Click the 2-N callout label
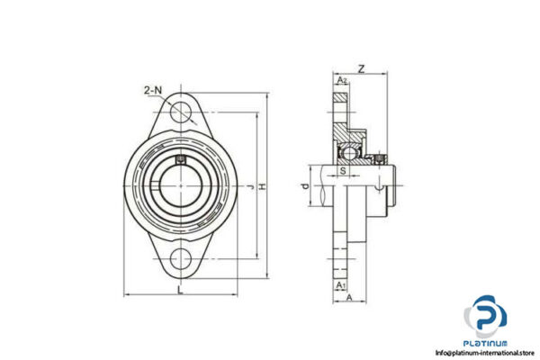[x=152, y=90]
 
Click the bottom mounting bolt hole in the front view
[x=184, y=261]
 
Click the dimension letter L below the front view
[x=181, y=289]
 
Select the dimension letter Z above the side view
[x=360, y=67]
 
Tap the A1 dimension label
[x=339, y=285]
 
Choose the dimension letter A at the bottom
[x=348, y=300]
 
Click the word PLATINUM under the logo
[x=486, y=343]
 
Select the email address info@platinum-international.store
[x=486, y=353]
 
